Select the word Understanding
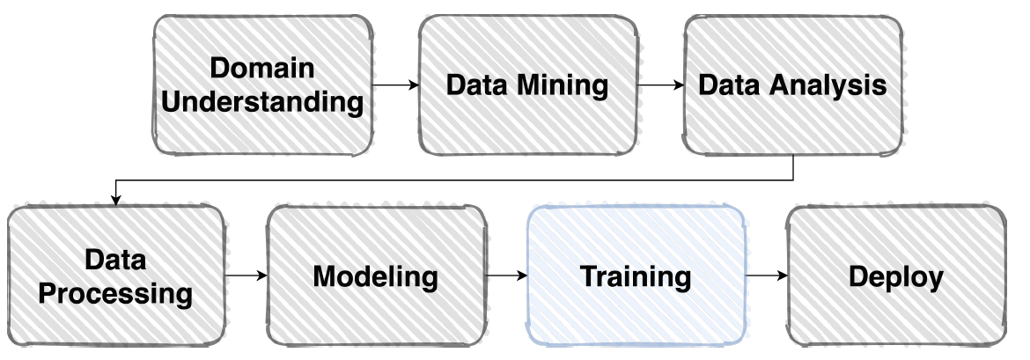(264, 102)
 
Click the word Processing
(115, 292)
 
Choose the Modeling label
(375, 276)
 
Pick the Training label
(635, 276)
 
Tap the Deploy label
(895, 276)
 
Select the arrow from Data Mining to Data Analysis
(660, 85)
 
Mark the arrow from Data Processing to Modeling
(246, 276)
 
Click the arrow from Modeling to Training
(505, 276)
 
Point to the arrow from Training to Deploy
(766, 276)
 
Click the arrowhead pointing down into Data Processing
(115, 200)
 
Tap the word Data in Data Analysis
(729, 85)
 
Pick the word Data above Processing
(115, 260)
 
